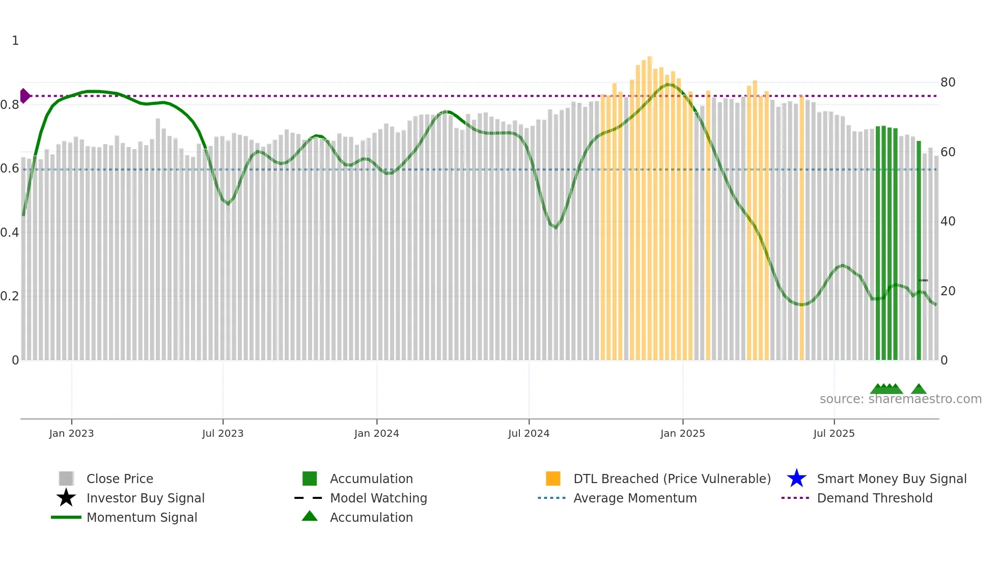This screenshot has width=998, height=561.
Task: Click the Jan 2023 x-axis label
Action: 71,433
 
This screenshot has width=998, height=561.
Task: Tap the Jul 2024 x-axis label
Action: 529,433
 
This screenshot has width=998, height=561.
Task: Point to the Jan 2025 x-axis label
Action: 682,433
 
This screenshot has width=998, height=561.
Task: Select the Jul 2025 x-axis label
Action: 834,433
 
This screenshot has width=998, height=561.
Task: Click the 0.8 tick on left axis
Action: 10,105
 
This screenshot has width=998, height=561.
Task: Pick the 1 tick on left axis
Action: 15,41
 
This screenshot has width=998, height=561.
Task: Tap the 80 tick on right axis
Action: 948,82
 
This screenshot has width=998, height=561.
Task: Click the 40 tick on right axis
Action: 948,221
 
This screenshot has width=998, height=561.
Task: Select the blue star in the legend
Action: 796,479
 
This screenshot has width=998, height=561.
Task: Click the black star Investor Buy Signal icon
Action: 66,498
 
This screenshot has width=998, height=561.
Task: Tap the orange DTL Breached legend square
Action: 553,479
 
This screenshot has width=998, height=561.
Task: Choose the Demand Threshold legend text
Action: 874,498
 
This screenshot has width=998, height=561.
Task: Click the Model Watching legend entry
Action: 378,498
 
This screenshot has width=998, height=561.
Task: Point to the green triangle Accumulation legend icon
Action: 310,516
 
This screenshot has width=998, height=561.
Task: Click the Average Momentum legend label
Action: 635,498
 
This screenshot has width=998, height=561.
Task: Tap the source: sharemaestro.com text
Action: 900,399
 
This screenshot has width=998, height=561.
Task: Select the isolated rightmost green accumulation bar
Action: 919,249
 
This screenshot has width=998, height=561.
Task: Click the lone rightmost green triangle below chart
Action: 919,389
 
